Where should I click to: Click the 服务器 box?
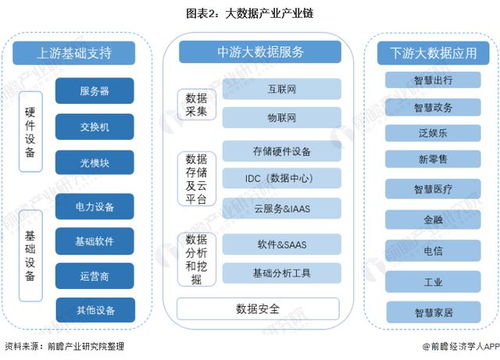pos(97,91)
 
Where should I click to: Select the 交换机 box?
pos(97,127)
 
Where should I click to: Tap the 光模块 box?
pos(97,162)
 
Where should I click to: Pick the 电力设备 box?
pos(97,208)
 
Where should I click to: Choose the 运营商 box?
pos(97,274)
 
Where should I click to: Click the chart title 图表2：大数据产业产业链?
pos(250,13)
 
